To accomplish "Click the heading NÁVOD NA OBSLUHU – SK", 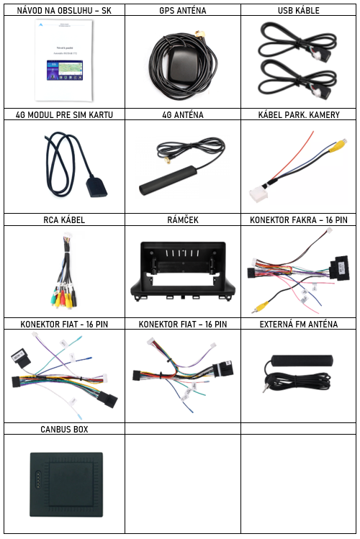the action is (64, 10).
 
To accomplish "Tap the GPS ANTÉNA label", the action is (183, 10).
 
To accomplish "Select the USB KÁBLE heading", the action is (299, 10).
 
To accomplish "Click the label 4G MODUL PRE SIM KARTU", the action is (64, 115).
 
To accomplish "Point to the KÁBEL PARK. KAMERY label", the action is (299, 115).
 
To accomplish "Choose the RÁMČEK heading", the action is (183, 219).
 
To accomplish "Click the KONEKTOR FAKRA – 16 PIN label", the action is (299, 219).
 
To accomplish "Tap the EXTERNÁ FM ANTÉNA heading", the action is (299, 324).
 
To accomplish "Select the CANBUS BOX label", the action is (64, 429).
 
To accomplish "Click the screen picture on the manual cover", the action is (65, 70).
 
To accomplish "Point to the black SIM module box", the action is (96, 186).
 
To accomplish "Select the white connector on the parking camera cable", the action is (258, 195).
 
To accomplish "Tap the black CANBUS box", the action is (66, 485).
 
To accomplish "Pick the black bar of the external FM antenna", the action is (302, 361).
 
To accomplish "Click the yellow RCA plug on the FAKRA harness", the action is (261, 306).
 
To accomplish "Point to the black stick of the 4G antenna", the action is (168, 180).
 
